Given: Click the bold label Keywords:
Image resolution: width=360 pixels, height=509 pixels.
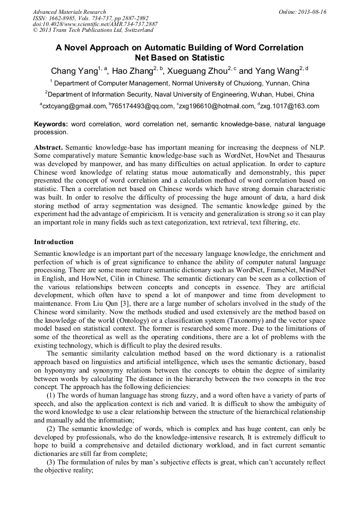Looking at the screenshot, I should click(x=51, y=124).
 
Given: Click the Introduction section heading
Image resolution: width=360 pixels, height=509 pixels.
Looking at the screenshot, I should click(x=54, y=242).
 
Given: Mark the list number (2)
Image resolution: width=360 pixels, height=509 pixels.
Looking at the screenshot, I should click(x=53, y=428).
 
